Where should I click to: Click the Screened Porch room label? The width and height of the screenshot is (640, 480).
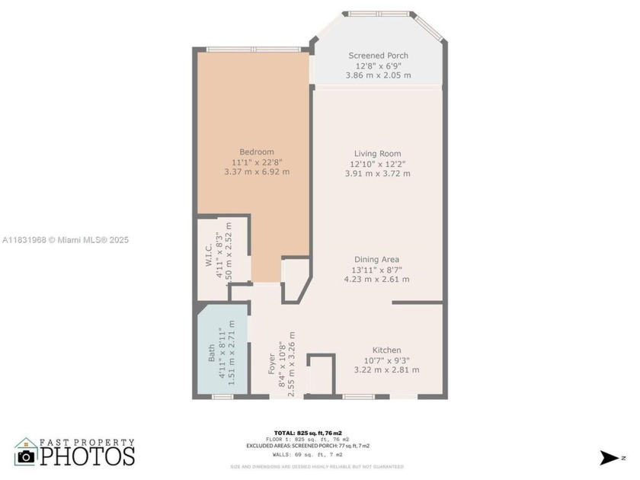pos(378,56)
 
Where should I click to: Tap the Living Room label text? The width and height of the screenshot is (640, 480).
pos(377,154)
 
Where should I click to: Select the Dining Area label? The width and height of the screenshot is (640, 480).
pos(377,260)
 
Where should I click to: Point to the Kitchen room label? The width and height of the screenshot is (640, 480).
pos(386,350)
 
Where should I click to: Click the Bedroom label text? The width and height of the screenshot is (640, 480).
pos(257,152)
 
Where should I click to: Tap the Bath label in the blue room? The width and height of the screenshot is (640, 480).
pos(212,354)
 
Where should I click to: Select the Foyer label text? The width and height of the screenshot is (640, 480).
pos(271,363)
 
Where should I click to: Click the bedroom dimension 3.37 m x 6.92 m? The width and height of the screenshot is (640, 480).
pos(257,172)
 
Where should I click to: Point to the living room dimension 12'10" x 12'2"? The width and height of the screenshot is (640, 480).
pos(377,164)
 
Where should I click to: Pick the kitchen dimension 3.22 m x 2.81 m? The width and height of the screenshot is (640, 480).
pos(386,370)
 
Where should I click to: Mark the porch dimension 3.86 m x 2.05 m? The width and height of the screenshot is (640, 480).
pos(378,75)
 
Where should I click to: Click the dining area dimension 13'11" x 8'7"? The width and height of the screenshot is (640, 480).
pos(377,270)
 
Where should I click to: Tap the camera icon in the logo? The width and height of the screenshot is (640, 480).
pos(27,456)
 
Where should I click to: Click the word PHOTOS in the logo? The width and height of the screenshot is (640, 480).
pos(87,456)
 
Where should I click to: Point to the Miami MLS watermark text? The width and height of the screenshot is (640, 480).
pos(66,240)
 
